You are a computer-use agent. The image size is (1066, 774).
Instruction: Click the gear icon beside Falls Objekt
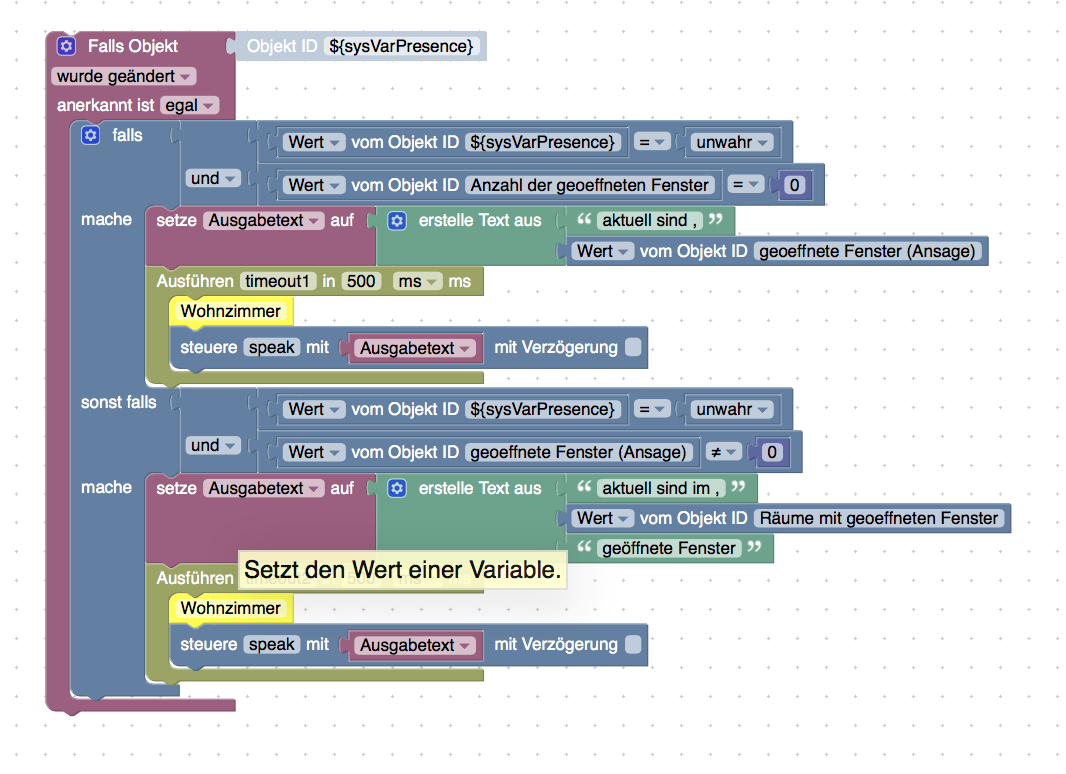coord(66,46)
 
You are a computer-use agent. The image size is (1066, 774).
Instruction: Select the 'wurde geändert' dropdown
coord(123,76)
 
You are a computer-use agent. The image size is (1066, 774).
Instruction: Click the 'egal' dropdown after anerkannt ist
coord(189,105)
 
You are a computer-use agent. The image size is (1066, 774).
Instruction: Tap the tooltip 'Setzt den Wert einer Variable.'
coord(402,570)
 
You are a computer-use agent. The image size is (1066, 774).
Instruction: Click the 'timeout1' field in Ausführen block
coord(277,281)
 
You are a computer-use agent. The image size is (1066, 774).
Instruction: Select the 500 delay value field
coord(361,281)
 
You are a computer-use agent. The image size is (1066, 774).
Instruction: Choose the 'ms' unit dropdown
coord(418,281)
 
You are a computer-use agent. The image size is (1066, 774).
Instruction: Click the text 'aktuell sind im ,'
coord(661,488)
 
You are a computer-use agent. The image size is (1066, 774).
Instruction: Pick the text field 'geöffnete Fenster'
coord(669,548)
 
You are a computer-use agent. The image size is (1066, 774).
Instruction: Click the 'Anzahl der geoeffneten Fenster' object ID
coord(592,185)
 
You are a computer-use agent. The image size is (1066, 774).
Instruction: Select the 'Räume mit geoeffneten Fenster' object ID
coord(879,518)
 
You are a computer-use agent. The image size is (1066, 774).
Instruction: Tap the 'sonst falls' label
coord(119,402)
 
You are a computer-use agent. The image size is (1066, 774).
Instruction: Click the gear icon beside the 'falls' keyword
coord(91,135)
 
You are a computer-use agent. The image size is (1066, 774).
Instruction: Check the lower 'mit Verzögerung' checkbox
coord(633,645)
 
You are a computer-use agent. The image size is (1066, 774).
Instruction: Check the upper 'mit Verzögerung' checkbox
coord(633,348)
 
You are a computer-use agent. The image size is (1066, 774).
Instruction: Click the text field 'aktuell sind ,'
coord(649,220)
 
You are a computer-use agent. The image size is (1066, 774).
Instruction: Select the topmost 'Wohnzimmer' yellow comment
coord(230,311)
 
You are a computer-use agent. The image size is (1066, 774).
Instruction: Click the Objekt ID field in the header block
coord(401,46)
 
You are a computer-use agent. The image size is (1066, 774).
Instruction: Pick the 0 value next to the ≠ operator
coord(771,452)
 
